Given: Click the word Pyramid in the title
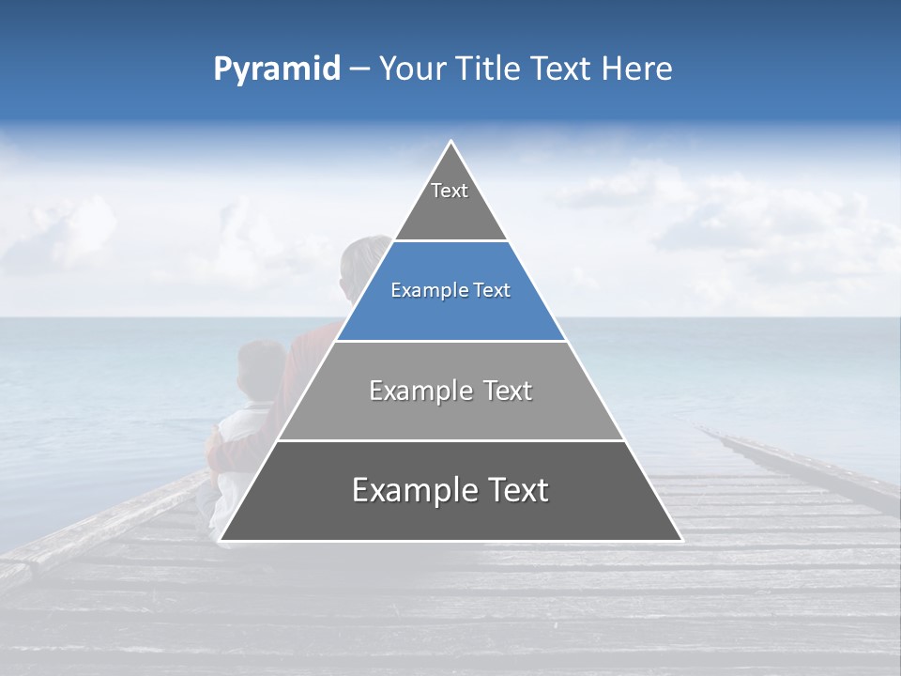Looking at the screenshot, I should (277, 69).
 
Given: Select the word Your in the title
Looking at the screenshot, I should (416, 69).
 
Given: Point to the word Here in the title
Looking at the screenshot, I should (637, 69).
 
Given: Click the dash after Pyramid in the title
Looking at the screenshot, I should (359, 69).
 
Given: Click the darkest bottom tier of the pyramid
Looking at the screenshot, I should (450, 507).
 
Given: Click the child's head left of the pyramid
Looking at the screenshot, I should (260, 366).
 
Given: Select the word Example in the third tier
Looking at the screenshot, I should (419, 391).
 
